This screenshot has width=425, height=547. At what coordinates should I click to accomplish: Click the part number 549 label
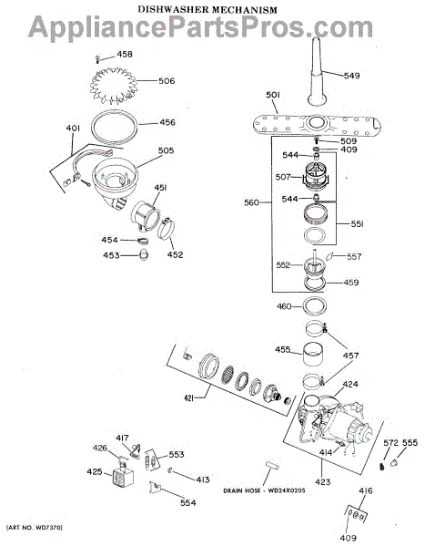(x=351, y=76)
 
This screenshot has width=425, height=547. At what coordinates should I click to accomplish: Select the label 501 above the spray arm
(x=273, y=95)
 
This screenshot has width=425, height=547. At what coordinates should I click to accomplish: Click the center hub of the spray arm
(x=317, y=122)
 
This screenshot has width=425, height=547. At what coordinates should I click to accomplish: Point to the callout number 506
(x=167, y=81)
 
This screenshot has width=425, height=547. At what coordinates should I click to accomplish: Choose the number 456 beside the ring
(x=167, y=122)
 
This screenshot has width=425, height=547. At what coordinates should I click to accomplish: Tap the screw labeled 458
(x=97, y=59)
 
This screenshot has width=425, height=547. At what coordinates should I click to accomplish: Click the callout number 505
(x=166, y=150)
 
